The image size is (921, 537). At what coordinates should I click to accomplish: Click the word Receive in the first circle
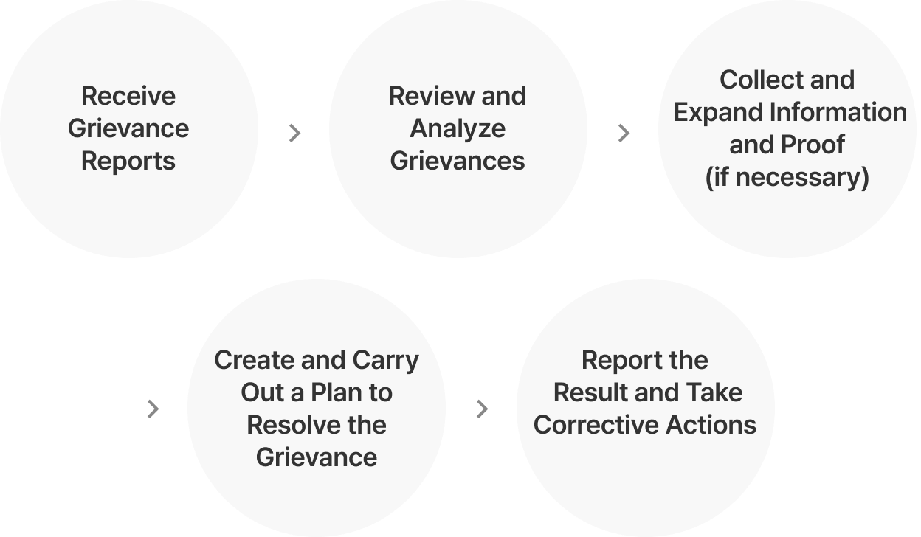128,96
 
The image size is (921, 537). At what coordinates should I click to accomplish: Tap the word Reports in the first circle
128,161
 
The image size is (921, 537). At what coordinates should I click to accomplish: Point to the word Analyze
458,128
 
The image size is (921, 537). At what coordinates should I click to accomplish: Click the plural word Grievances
458,161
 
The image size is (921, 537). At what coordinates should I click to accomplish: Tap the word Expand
719,112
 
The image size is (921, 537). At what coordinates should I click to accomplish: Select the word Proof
816,145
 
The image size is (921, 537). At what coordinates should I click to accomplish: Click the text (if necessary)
787,177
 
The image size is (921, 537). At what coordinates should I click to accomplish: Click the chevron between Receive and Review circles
294,133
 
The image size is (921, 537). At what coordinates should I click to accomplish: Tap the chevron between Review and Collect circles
624,133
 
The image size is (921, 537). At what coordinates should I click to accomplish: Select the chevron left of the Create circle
153,409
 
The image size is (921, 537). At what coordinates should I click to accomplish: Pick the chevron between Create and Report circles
482,409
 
